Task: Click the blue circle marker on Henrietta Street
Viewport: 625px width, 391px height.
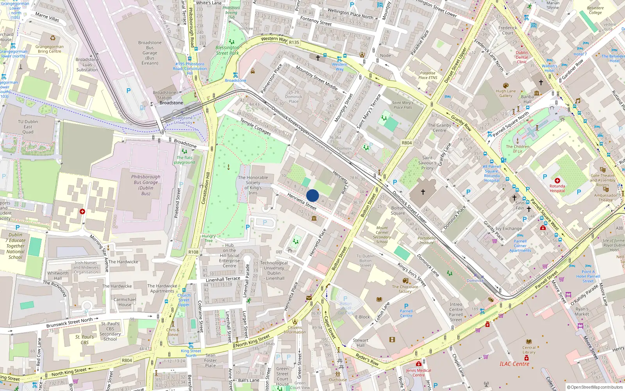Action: coord(312,195)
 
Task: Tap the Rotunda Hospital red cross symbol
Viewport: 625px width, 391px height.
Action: coord(557,181)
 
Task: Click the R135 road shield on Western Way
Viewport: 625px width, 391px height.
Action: coord(294,42)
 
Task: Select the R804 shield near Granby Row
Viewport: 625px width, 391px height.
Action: coord(407,143)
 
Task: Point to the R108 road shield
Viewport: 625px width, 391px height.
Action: coord(193,252)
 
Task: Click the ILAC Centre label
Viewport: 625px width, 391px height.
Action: coord(514,364)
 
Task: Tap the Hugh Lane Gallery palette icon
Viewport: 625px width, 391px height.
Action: coord(506,86)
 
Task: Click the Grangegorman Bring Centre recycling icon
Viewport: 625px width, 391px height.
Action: coord(53,38)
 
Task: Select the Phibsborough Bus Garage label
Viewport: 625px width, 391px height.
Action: coord(146,185)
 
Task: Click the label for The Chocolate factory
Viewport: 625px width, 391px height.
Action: coord(405,289)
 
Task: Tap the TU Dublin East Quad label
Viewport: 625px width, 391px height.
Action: coord(28,127)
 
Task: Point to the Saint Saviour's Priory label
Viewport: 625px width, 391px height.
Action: coord(427,163)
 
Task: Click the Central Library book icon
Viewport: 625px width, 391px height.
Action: coord(529,341)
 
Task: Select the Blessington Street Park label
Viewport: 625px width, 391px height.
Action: coord(227,50)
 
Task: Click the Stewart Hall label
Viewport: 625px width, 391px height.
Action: coord(361,343)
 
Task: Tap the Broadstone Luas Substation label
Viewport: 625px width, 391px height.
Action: coord(87,65)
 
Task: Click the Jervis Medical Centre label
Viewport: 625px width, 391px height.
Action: coord(418,373)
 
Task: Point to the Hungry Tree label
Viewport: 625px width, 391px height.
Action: coord(209,238)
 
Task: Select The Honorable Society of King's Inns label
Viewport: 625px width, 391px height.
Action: coord(253,185)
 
